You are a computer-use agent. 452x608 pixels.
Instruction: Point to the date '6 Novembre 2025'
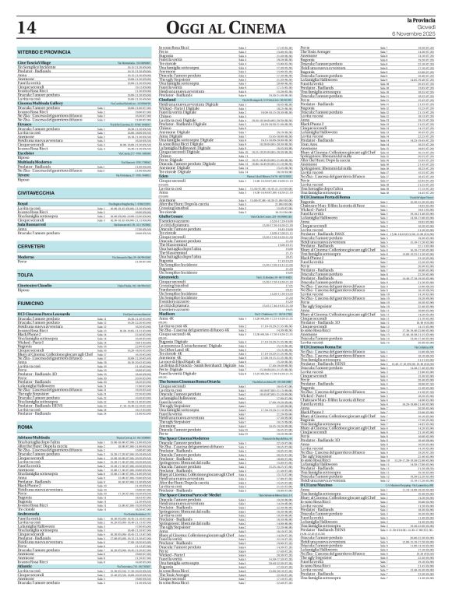pos(426,31)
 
